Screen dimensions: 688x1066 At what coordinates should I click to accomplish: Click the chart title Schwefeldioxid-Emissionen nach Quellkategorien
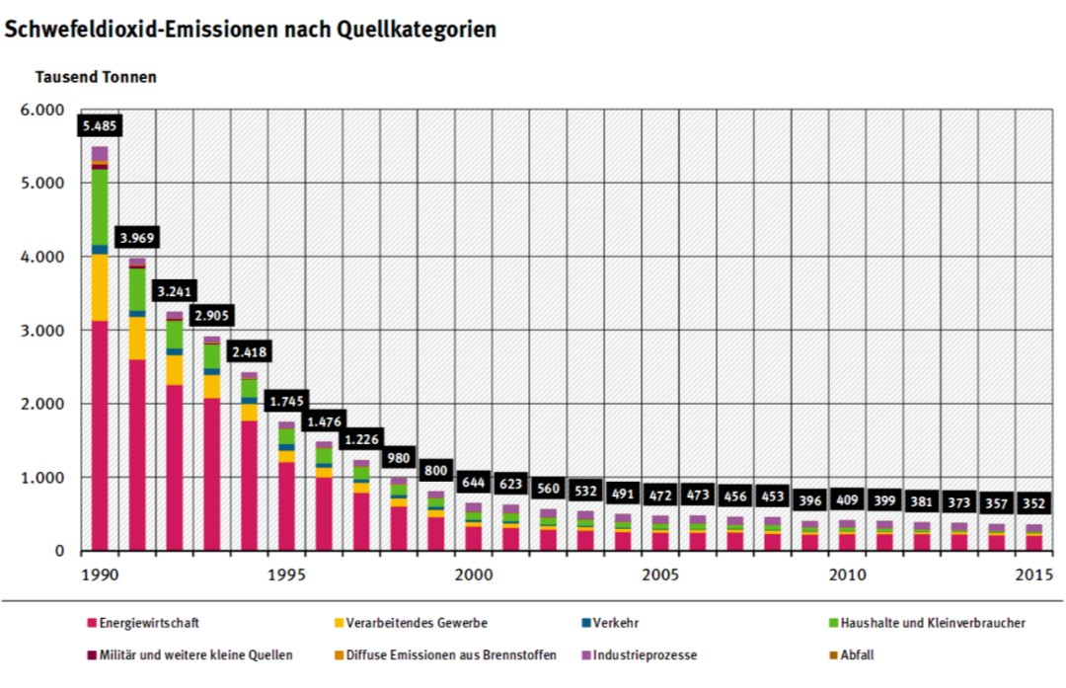(x=251, y=29)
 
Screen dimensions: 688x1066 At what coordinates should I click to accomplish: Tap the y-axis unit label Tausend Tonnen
(x=96, y=76)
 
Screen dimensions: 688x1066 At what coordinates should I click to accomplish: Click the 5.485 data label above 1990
(x=100, y=127)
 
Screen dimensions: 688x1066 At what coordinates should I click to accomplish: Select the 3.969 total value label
(x=137, y=238)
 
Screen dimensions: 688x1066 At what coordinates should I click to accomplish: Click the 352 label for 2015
(x=1032, y=502)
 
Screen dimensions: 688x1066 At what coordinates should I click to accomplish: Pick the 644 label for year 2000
(x=475, y=483)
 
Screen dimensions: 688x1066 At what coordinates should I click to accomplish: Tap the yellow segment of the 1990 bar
(x=100, y=286)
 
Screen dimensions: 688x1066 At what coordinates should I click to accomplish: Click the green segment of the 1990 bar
(x=100, y=206)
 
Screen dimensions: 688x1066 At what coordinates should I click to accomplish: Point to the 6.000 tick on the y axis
(x=41, y=110)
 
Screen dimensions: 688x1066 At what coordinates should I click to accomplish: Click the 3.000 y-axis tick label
(x=41, y=331)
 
